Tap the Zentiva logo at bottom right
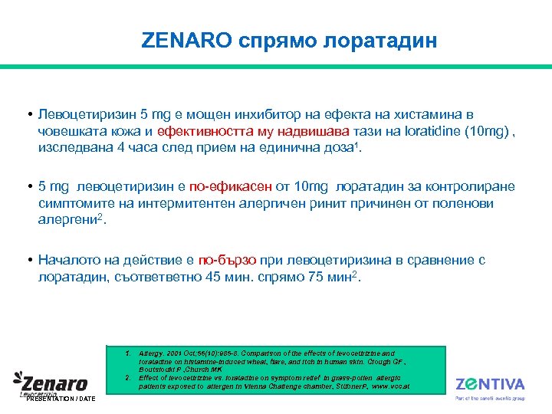(x=490, y=385)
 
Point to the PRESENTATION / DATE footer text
(x=61, y=399)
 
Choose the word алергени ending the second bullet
(x=68, y=220)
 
